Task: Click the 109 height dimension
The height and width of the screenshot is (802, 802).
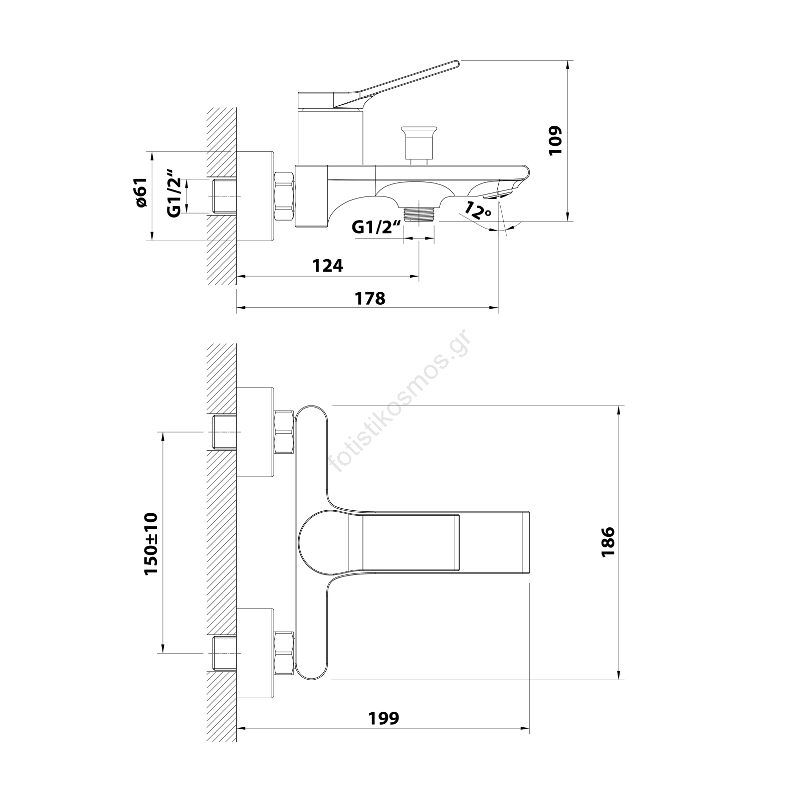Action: (x=556, y=140)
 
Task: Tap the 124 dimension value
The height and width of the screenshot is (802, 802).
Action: (x=328, y=266)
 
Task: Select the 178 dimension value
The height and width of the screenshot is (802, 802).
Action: (x=370, y=298)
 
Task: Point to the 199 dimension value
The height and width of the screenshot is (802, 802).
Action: (x=384, y=718)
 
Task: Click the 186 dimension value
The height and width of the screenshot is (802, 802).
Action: (x=608, y=541)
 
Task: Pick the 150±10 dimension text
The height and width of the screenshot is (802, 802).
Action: (x=151, y=544)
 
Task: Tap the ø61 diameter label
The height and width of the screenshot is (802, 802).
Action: (x=141, y=192)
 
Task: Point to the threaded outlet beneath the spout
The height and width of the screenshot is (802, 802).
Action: (x=419, y=214)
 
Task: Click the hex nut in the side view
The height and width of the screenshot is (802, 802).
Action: (x=284, y=196)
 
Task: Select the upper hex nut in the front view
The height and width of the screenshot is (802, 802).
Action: (x=284, y=432)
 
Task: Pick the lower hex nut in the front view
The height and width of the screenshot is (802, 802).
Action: (x=284, y=653)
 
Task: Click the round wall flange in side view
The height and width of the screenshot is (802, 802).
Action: (x=256, y=196)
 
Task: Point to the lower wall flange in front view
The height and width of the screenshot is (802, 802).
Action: (x=256, y=653)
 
